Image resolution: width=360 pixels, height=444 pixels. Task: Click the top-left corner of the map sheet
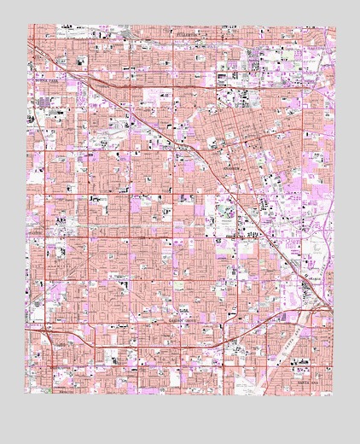coord(33,26)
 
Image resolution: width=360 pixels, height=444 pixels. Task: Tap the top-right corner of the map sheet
coord(335,27)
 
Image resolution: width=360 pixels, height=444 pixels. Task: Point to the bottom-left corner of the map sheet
coord(25,394)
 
